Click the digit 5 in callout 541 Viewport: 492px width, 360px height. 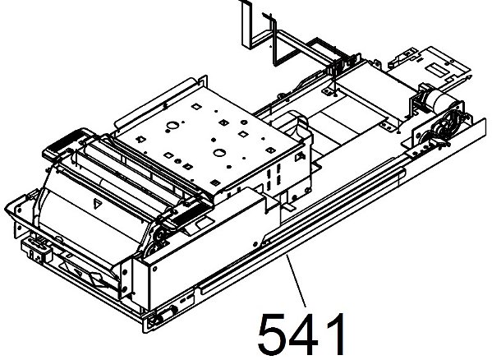point(272,335)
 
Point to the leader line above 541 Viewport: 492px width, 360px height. point(296,280)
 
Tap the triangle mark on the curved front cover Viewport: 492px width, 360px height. point(98,204)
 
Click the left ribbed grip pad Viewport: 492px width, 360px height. point(65,143)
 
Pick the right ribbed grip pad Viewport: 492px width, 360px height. point(186,214)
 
